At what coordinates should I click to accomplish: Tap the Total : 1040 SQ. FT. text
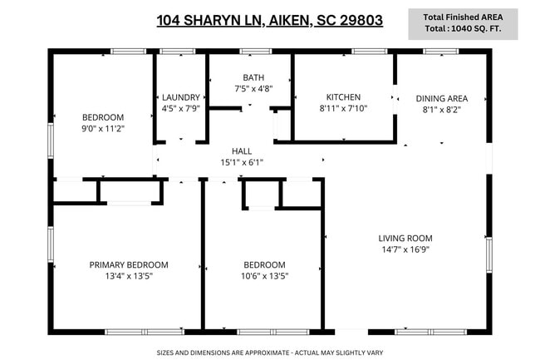tap(463, 29)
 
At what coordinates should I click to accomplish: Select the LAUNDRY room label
tap(180, 96)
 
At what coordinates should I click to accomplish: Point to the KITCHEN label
tap(342, 96)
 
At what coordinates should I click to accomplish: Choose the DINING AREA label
tap(441, 98)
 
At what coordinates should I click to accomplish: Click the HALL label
tap(242, 150)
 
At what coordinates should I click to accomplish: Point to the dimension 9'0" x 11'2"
tap(103, 129)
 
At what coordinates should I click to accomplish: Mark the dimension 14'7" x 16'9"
tap(405, 249)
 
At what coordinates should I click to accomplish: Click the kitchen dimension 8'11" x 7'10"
tap(342, 107)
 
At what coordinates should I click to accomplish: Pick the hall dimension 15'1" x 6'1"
tap(242, 162)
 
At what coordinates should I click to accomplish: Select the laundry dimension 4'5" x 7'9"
tap(180, 107)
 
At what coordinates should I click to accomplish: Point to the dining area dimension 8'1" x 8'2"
tap(441, 109)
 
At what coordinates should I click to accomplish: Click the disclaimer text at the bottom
tap(269, 353)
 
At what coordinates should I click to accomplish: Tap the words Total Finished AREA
tap(463, 17)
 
